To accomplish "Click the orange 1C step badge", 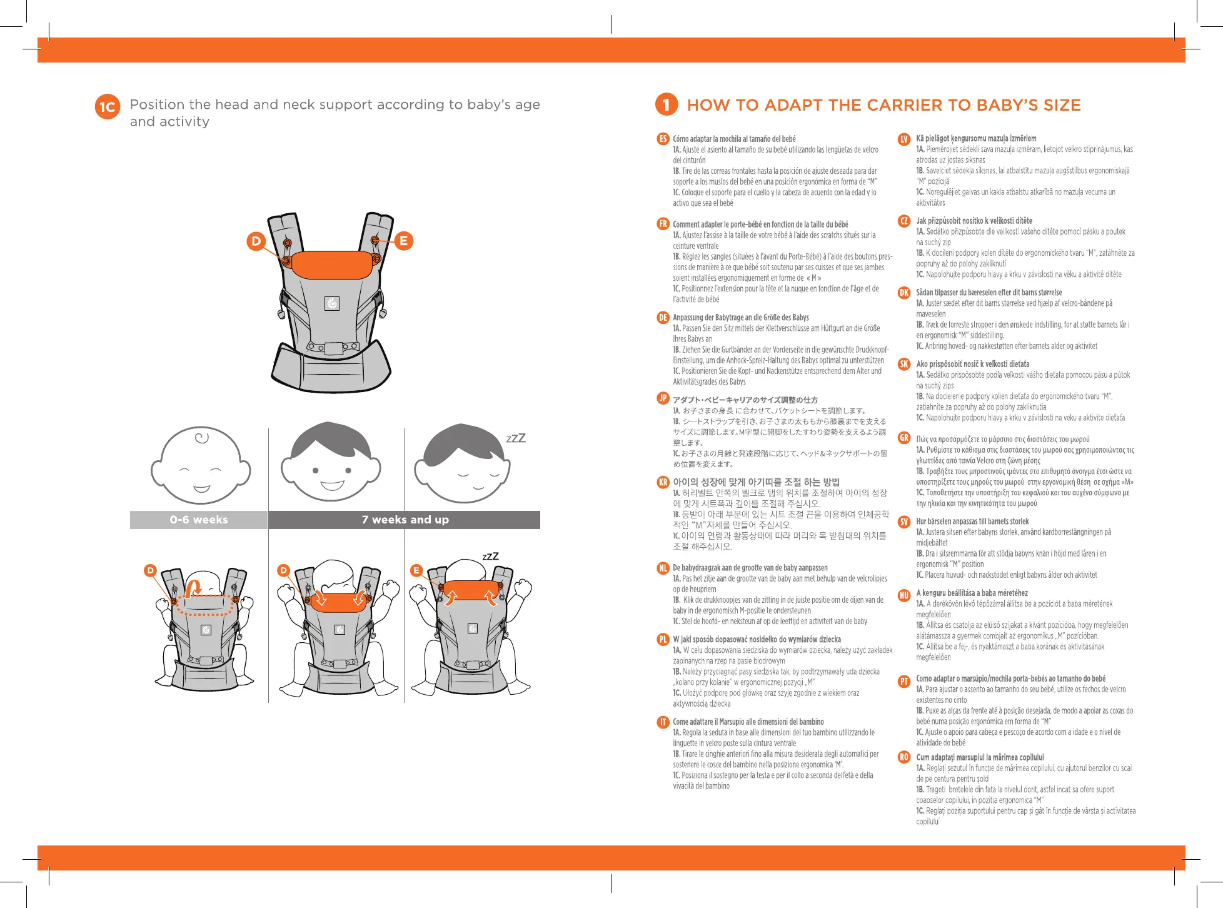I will pos(107,107).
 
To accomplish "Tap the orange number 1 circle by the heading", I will pos(667,104).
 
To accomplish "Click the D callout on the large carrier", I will pos(256,241).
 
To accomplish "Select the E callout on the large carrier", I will pos(403,241).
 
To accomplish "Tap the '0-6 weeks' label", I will pos(199,520).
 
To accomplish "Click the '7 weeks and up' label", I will pos(405,520).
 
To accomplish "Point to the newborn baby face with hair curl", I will pos(200,466).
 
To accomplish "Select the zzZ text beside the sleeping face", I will pos(516,438).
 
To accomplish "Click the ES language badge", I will pos(663,139).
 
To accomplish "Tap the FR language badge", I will pos(663,224).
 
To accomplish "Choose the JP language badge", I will pos(663,398).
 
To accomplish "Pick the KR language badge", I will pos(663,482).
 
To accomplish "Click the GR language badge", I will pos(904,438).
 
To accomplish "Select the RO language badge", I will pos(904,757).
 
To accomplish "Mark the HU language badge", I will pos(904,595).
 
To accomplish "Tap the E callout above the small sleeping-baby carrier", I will pos(416,570).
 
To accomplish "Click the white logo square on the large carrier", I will pos(332,304).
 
